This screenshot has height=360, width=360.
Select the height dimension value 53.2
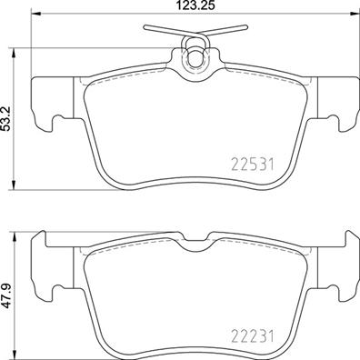8,116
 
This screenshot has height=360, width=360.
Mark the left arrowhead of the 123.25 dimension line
35,18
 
